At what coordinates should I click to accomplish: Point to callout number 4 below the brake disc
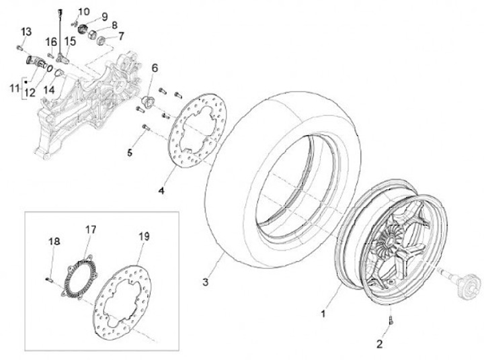click(161, 191)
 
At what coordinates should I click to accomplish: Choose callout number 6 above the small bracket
click(154, 69)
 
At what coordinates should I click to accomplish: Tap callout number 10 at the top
click(83, 12)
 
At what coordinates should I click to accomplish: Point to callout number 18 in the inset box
click(54, 241)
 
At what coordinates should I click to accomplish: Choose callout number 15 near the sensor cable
click(70, 40)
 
